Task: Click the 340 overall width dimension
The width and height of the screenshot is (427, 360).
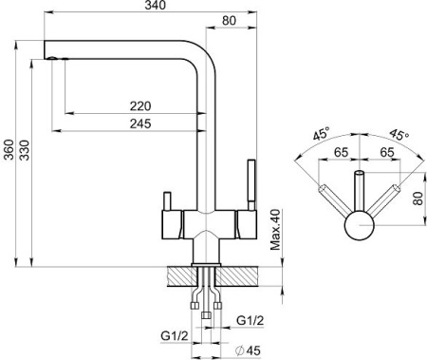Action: point(156,6)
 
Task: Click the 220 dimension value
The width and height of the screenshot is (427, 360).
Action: point(140,106)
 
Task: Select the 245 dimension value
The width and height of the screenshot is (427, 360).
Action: point(140,123)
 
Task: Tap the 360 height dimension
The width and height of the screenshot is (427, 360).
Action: point(9,150)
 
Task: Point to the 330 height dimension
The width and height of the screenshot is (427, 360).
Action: point(24,150)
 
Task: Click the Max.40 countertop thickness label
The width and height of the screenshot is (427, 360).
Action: point(275,230)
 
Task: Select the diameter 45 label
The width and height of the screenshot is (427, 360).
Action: point(249,351)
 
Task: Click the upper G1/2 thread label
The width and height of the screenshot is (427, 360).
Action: point(250,321)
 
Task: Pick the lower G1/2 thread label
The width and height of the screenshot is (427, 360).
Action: point(175,335)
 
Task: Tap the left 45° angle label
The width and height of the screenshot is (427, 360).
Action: point(322,133)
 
